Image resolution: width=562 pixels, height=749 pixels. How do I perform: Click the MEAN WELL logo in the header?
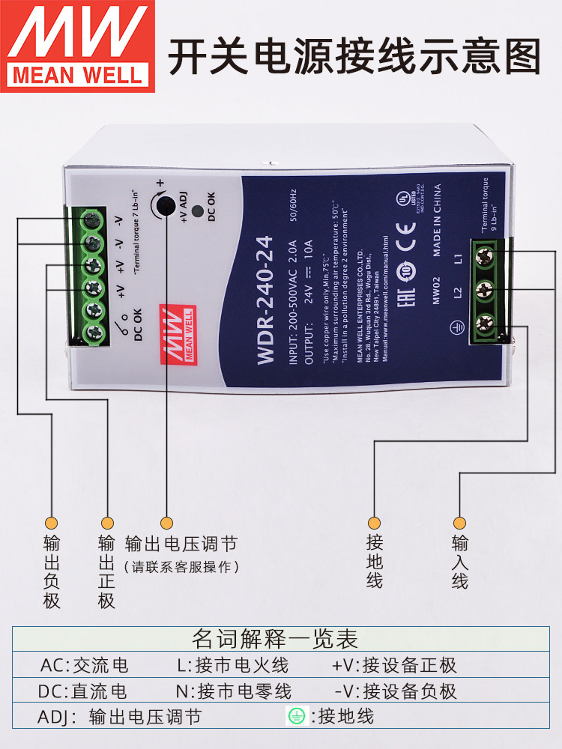click(77, 46)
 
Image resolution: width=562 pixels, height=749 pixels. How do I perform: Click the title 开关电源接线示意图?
click(354, 58)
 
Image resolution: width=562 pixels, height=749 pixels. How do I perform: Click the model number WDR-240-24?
click(266, 300)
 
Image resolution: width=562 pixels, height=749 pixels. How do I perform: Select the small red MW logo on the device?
click(177, 334)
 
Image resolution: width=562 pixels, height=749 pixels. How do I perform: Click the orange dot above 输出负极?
click(52, 522)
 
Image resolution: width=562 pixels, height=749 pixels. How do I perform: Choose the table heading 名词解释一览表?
click(275, 639)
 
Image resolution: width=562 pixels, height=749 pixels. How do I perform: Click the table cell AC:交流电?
click(84, 665)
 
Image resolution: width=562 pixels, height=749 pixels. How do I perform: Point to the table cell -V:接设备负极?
click(395, 691)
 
